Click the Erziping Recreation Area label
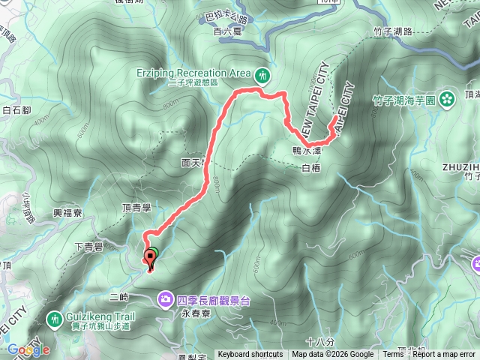(202, 73)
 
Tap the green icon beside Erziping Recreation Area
(263, 74)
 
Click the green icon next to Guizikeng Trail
(54, 319)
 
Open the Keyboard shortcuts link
(250, 355)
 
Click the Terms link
(393, 355)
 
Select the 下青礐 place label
(89, 244)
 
